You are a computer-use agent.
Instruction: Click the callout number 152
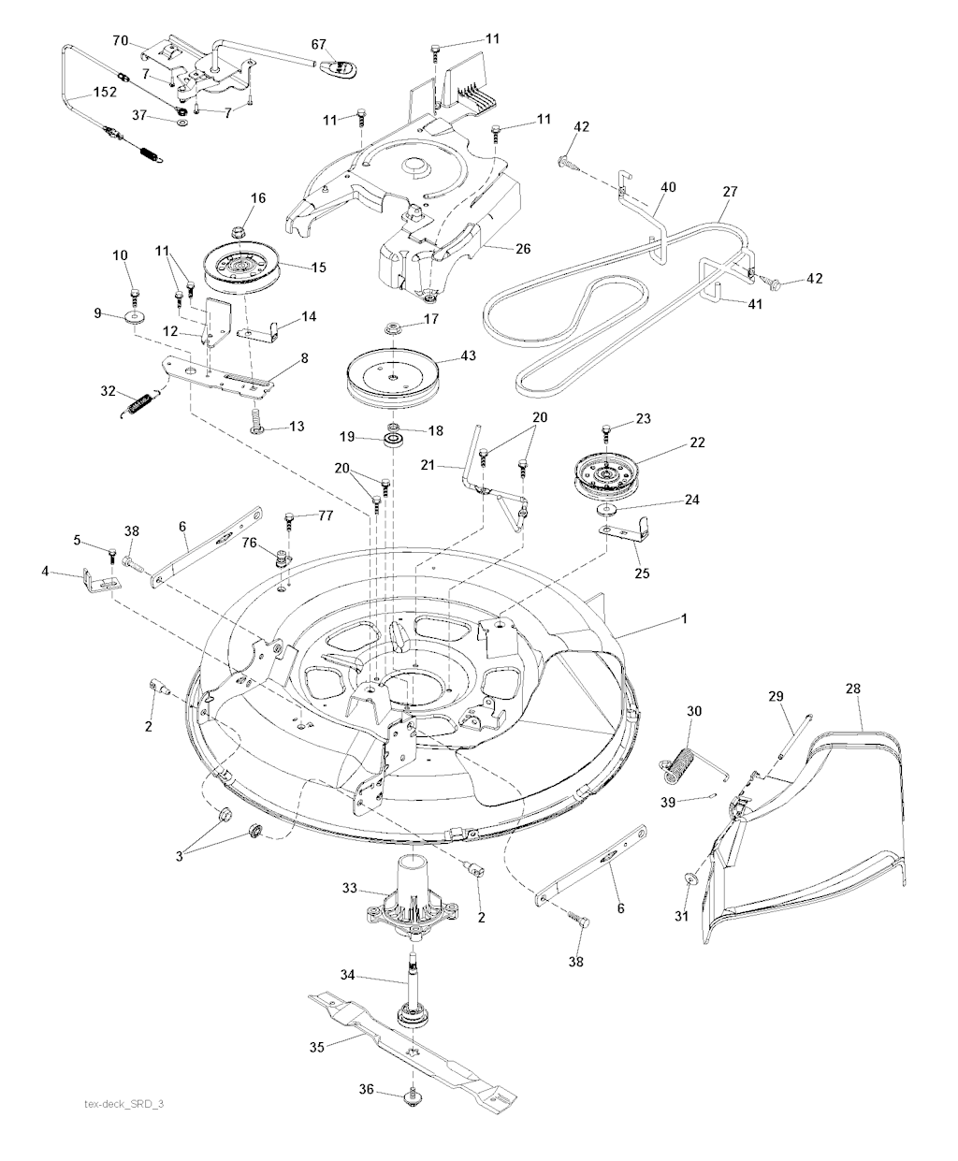click(x=105, y=92)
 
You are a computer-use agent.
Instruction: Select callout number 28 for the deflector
click(x=853, y=689)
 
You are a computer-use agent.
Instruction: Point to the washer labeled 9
click(x=135, y=317)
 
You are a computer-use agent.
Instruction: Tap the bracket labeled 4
click(x=102, y=580)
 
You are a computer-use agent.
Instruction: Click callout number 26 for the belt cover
click(x=523, y=249)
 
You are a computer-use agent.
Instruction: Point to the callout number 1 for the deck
click(x=685, y=618)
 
